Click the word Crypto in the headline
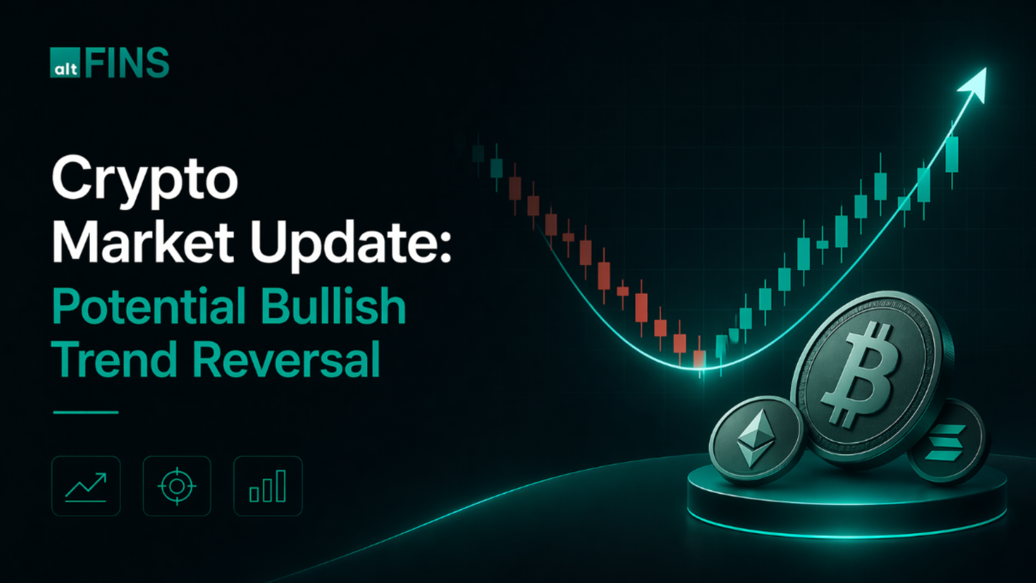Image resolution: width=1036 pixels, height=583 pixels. [x=145, y=178]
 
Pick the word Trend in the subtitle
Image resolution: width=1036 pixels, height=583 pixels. [x=114, y=360]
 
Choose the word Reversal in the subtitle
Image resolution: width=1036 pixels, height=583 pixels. [x=286, y=360]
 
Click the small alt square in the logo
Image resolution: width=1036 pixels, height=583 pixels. [x=65, y=63]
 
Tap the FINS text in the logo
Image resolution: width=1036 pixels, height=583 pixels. [x=127, y=63]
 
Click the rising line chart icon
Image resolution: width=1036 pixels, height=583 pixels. [x=86, y=486]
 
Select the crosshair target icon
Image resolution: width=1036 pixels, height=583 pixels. [x=177, y=486]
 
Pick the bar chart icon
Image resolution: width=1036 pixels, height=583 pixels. [x=267, y=486]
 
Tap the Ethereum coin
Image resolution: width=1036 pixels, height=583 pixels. [x=756, y=440]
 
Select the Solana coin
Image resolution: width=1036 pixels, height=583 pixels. [x=947, y=442]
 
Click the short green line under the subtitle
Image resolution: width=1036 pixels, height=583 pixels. [x=85, y=412]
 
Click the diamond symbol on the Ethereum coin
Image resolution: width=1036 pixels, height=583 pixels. [x=756, y=439]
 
